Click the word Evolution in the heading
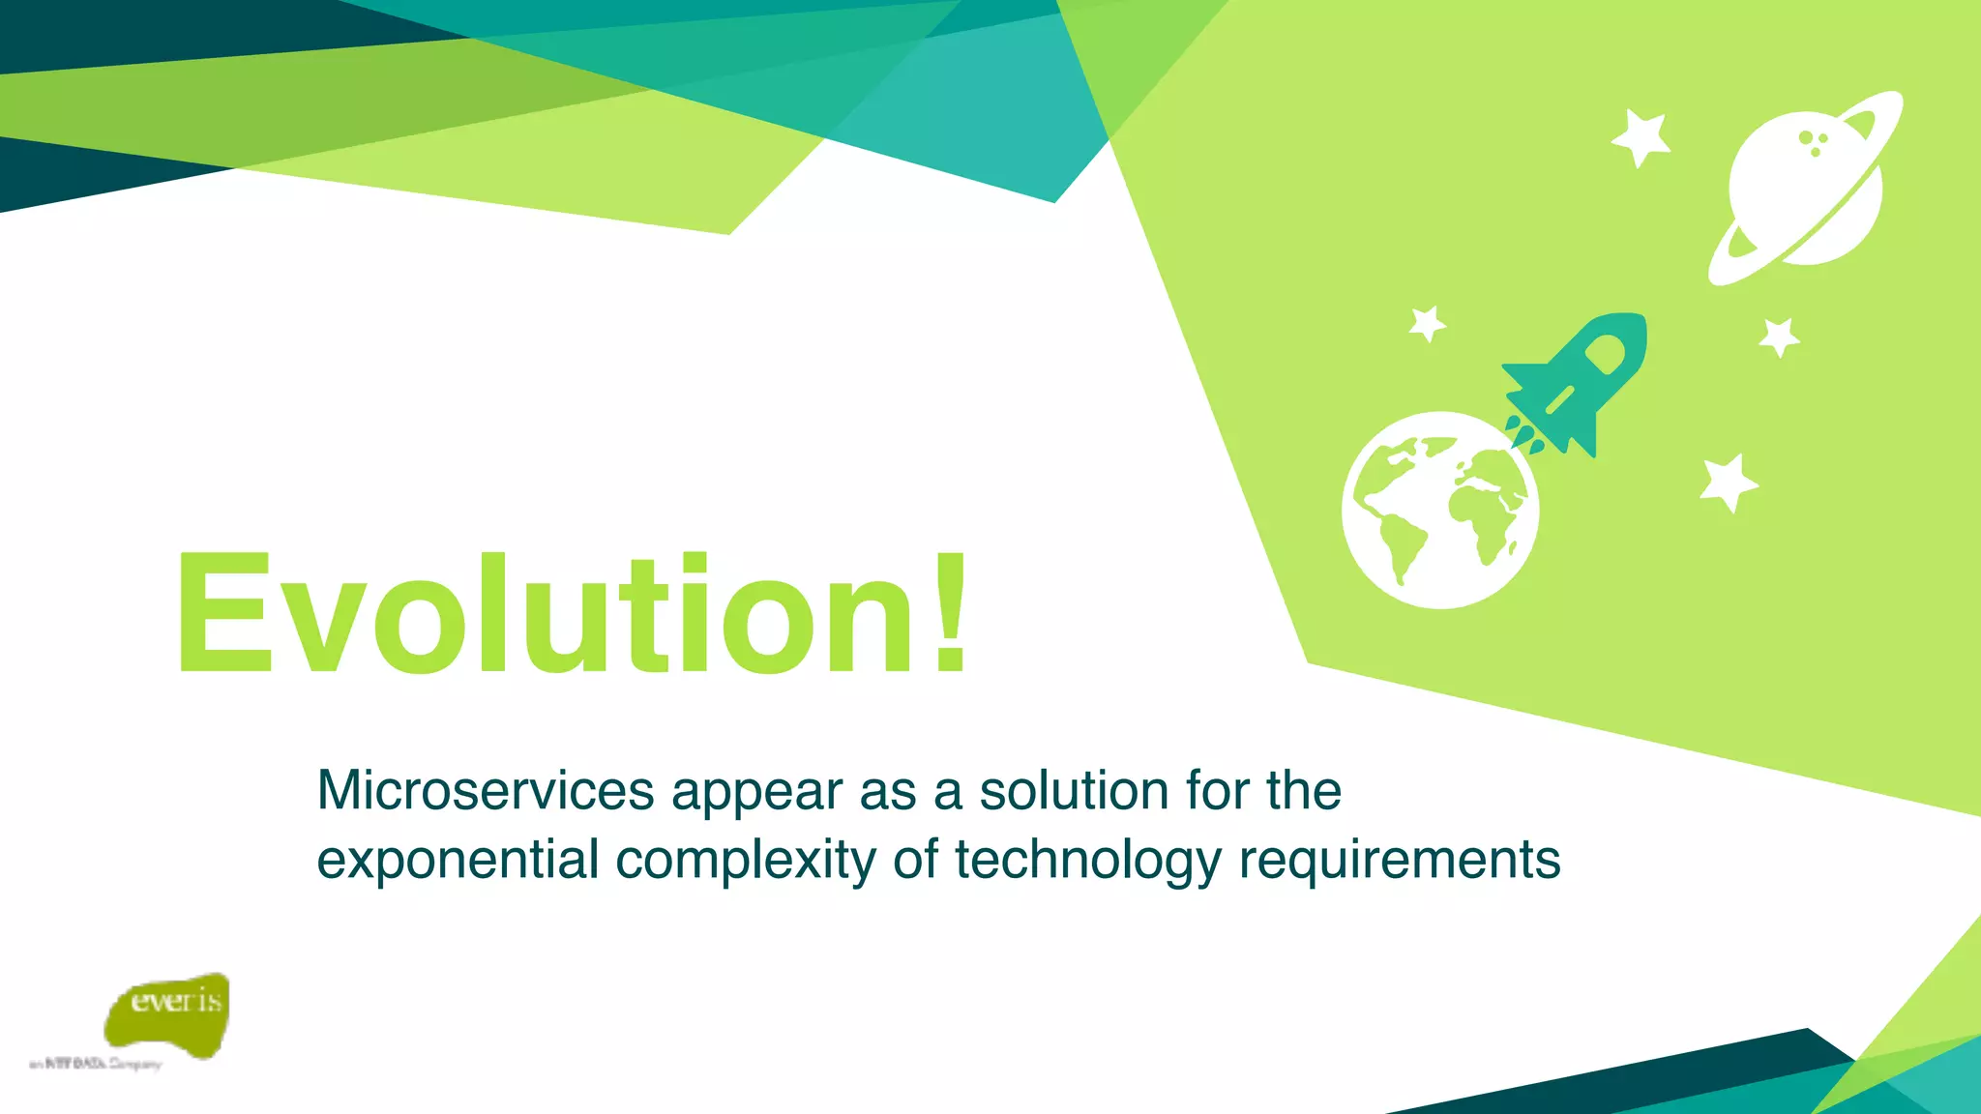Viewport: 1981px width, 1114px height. [x=542, y=614]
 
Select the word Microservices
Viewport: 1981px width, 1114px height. [x=486, y=791]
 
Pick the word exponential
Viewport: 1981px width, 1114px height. [x=458, y=861]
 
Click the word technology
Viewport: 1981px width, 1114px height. [x=1088, y=861]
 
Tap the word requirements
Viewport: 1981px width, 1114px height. [x=1400, y=861]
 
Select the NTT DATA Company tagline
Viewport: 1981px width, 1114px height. [x=97, y=1064]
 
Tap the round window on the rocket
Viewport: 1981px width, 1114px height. [x=1605, y=354]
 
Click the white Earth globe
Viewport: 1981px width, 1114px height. [x=1439, y=511]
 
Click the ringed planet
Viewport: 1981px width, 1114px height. [x=1805, y=189]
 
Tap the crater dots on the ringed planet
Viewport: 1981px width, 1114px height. [x=1814, y=143]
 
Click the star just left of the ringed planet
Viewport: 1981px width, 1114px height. [x=1641, y=137]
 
